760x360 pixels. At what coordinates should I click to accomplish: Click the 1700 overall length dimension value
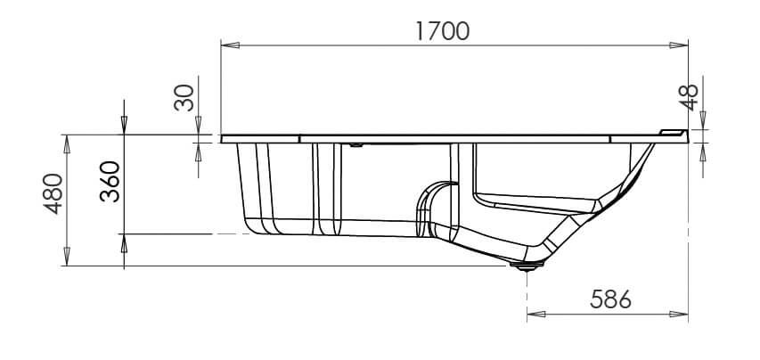tap(443, 31)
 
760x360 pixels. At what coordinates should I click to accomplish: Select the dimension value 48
tap(690, 93)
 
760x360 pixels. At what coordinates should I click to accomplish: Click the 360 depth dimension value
tap(110, 183)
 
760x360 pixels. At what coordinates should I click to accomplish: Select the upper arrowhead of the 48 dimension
tap(704, 119)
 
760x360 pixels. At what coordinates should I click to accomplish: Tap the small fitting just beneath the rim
tap(355, 143)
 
